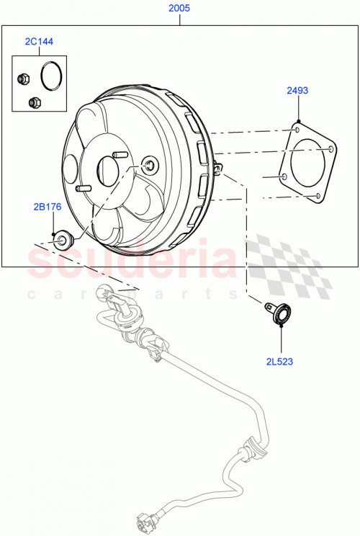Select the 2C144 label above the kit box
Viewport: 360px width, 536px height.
click(x=39, y=43)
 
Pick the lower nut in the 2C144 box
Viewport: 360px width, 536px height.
click(x=32, y=102)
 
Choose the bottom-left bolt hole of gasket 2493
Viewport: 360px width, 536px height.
click(x=285, y=176)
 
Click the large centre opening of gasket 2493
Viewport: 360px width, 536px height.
click(x=308, y=163)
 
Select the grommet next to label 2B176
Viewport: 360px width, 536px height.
click(x=63, y=240)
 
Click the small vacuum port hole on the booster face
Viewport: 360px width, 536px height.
click(x=148, y=165)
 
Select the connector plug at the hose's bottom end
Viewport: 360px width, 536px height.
click(x=143, y=522)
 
